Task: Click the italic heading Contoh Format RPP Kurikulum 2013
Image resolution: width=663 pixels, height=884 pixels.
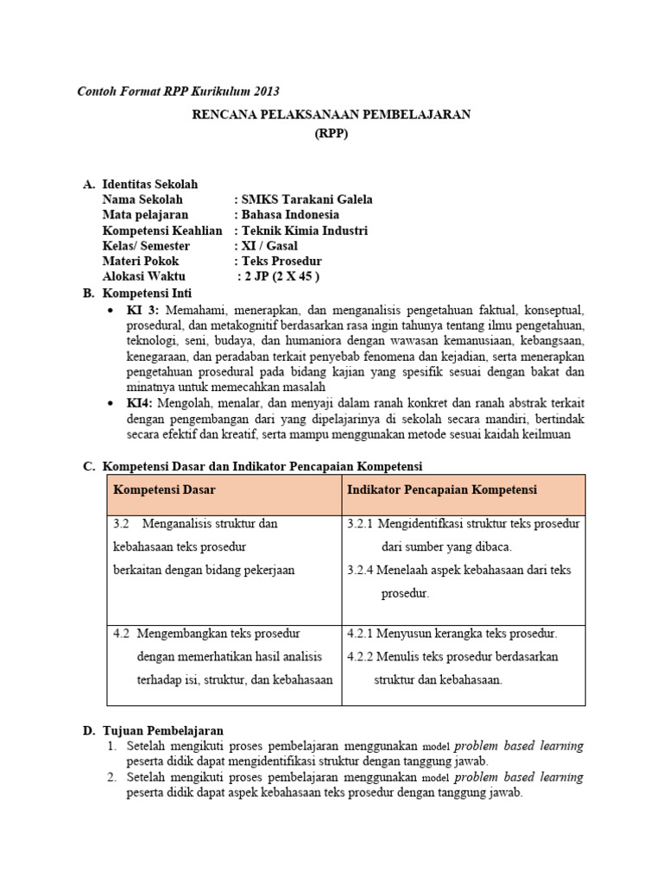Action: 179,91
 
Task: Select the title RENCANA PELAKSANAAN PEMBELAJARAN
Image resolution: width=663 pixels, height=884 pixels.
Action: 331,115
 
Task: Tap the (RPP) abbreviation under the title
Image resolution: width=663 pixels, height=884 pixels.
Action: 331,134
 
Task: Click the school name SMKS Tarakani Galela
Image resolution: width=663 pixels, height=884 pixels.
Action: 304,199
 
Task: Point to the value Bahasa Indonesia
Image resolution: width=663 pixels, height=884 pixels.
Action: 288,215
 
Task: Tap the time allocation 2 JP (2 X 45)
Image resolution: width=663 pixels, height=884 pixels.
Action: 280,277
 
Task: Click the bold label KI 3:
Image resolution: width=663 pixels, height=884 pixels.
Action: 143,309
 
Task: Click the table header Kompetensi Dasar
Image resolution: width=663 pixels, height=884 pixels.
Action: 164,490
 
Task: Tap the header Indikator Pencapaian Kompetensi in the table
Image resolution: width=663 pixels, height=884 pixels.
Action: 442,490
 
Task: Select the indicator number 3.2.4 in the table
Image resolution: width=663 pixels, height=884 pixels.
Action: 361,571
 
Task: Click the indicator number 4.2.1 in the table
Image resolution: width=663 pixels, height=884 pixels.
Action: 361,633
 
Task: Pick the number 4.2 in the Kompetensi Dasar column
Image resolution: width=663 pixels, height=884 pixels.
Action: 122,633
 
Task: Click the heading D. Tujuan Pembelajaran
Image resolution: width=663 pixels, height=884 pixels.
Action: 154,730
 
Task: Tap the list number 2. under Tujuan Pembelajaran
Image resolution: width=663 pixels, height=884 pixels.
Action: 112,777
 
